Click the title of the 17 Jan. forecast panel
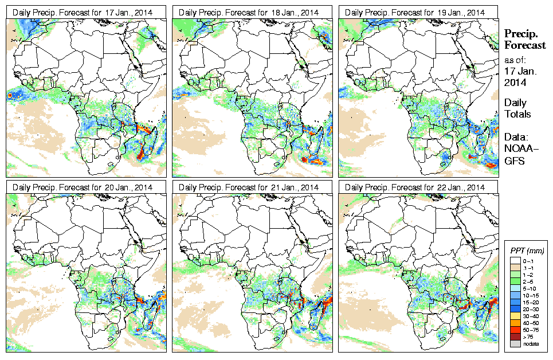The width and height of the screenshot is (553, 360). coord(85,12)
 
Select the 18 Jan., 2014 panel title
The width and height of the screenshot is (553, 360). coord(252,12)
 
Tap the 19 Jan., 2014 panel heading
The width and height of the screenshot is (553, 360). coord(418,12)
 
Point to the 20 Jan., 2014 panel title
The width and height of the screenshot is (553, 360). coord(85,187)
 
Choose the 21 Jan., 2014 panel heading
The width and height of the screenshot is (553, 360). coord(252,187)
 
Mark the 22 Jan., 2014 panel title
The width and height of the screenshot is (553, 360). coord(418,187)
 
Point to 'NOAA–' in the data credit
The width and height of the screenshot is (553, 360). coord(519,150)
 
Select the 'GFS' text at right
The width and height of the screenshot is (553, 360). coord(515,161)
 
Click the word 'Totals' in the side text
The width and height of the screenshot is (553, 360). coord(517,114)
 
